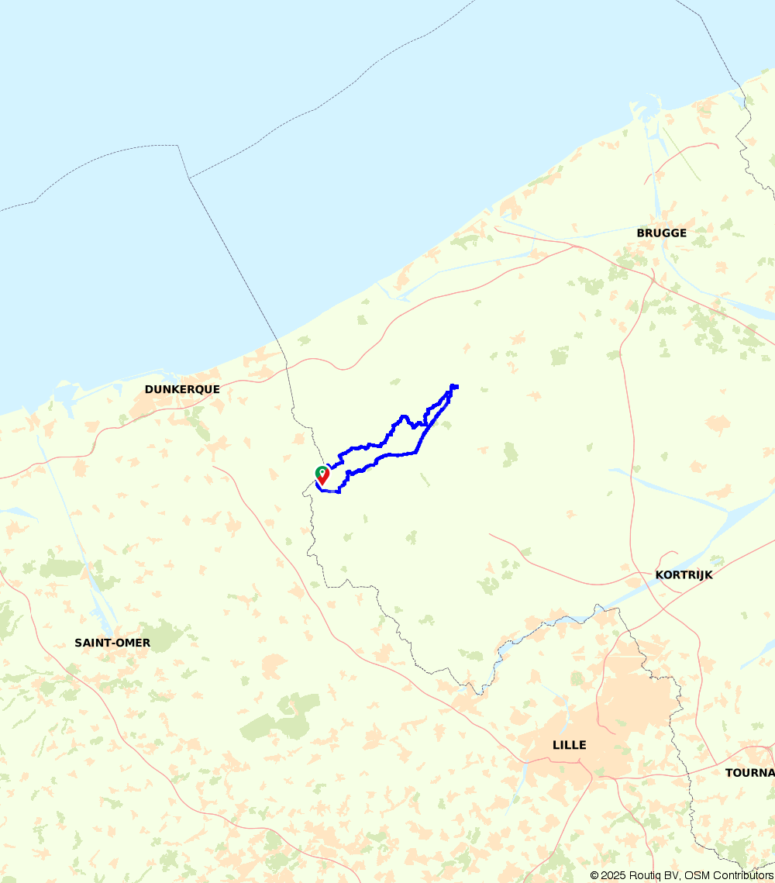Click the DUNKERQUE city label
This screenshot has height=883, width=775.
coord(182,389)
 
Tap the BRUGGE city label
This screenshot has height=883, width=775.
coord(661,233)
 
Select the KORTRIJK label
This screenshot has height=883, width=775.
coord(684,575)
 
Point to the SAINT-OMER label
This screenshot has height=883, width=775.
coord(112,643)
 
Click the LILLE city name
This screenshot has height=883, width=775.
coord(569,745)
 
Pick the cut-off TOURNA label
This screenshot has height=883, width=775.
coord(749,773)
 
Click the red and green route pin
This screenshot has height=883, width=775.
coord(322,474)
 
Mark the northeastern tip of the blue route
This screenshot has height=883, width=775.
coord(455,386)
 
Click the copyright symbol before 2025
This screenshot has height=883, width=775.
coord(594,875)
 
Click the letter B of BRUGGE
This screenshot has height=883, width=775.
coord(641,233)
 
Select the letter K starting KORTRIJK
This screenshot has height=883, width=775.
coord(660,575)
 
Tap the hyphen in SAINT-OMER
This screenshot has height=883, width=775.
coord(115,643)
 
